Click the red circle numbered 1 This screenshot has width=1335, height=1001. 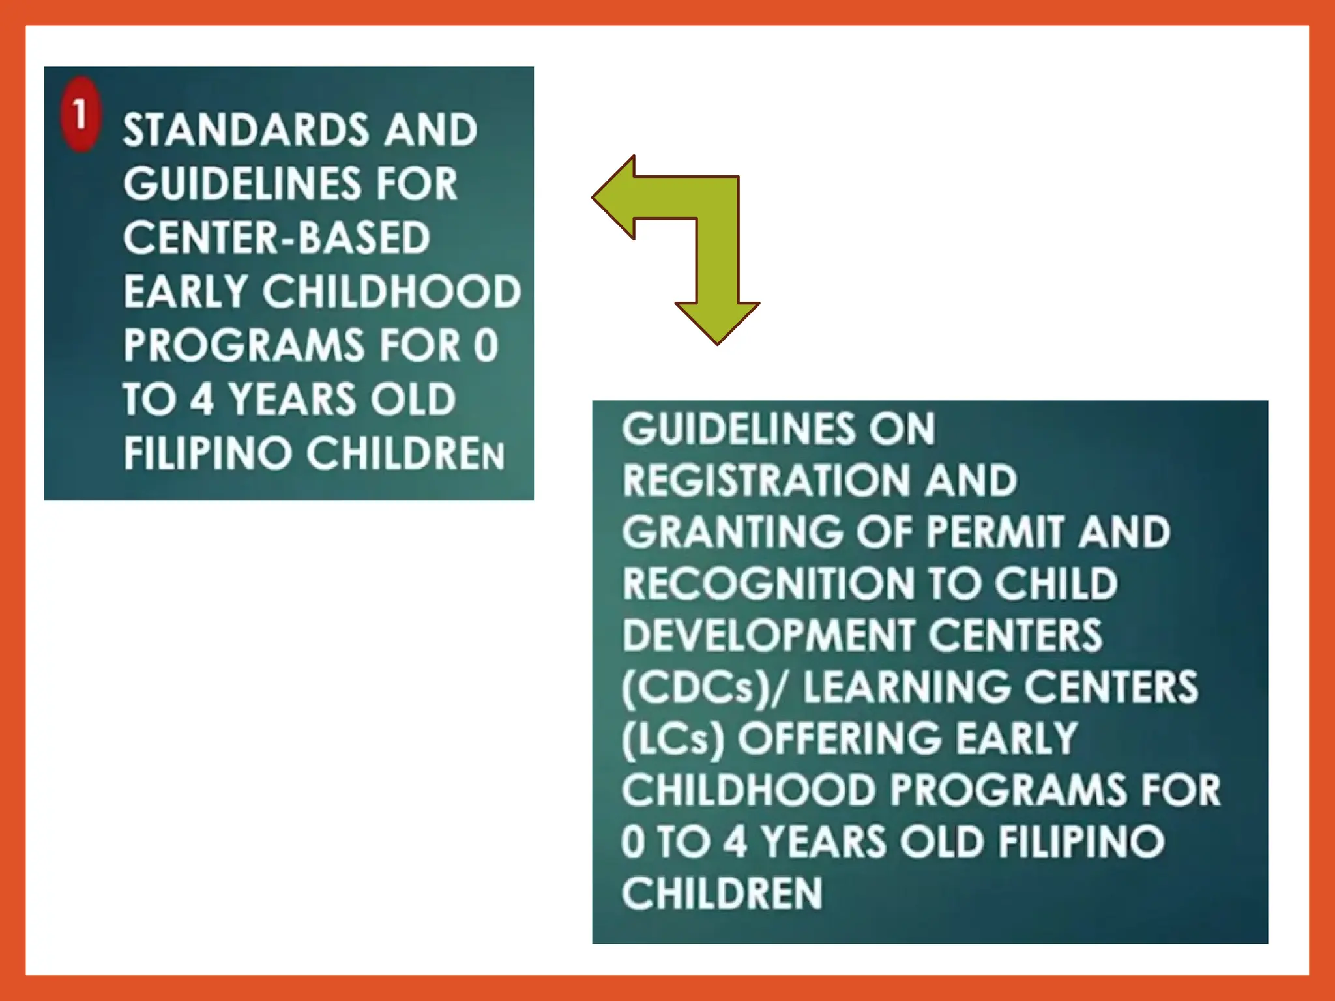pyautogui.click(x=80, y=115)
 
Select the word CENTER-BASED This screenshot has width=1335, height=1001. pyautogui.click(x=276, y=237)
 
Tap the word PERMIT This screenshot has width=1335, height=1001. pyautogui.click(x=995, y=532)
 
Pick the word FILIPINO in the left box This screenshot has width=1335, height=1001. pyautogui.click(x=207, y=453)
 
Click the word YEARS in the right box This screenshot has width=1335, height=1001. pyautogui.click(x=824, y=841)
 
